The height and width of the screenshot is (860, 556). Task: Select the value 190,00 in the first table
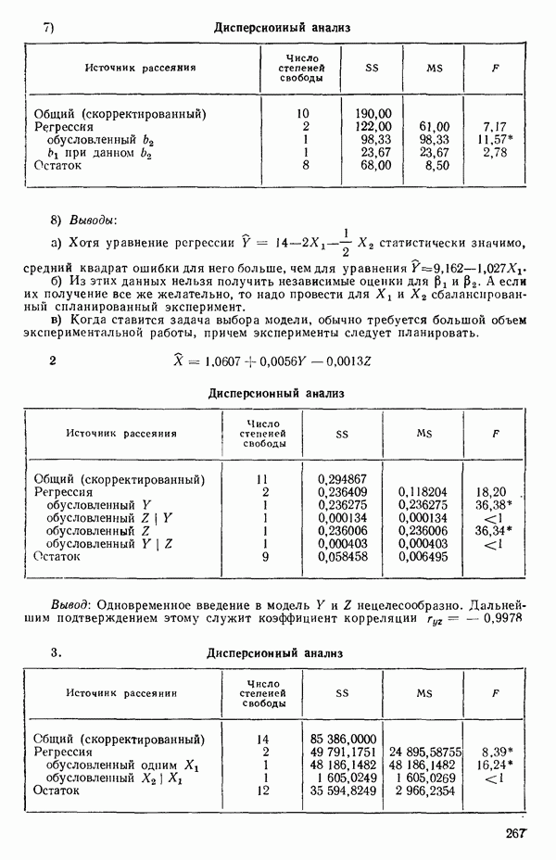point(373,113)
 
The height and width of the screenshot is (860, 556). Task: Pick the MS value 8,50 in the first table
point(436,165)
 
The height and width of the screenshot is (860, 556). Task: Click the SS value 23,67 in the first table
point(374,152)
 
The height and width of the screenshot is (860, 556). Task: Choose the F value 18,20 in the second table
point(491,492)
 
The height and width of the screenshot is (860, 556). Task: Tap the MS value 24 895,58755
point(425,752)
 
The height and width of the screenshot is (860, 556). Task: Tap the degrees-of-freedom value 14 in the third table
point(264,739)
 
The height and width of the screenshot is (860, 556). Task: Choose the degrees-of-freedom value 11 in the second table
point(264,479)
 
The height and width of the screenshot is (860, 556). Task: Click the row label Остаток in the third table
point(57,791)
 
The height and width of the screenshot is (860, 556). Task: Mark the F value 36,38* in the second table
point(493,505)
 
